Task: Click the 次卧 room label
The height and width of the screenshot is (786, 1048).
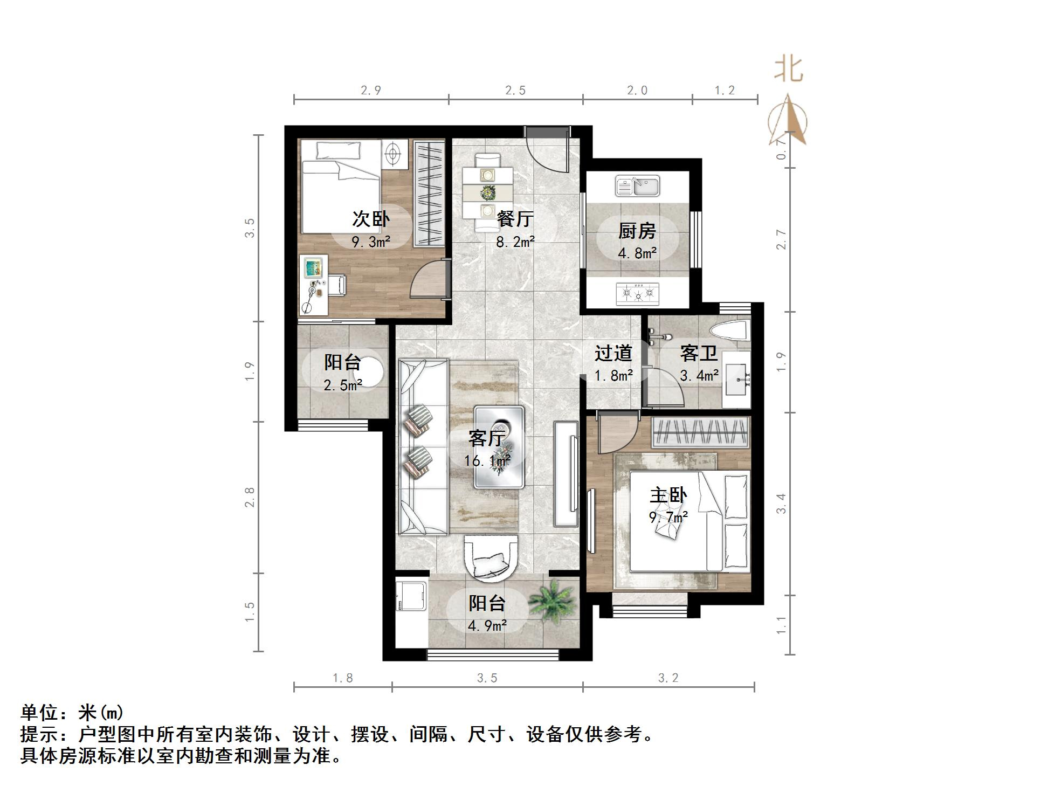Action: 371,219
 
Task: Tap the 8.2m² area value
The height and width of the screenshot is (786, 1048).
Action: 515,242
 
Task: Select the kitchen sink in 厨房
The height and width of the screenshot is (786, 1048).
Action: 638,187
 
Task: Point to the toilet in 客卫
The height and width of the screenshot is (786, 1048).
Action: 729,330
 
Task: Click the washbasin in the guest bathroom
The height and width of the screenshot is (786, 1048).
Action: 736,380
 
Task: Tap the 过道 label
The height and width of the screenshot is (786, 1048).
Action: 613,353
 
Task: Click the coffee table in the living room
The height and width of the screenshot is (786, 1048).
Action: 499,447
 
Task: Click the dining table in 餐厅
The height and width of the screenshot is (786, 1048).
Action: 488,191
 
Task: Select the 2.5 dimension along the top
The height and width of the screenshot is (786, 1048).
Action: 515,91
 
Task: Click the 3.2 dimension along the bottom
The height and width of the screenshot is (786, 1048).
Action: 668,678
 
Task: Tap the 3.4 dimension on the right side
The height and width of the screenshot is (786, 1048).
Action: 781,504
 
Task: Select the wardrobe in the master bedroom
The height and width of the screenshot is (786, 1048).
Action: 700,432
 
